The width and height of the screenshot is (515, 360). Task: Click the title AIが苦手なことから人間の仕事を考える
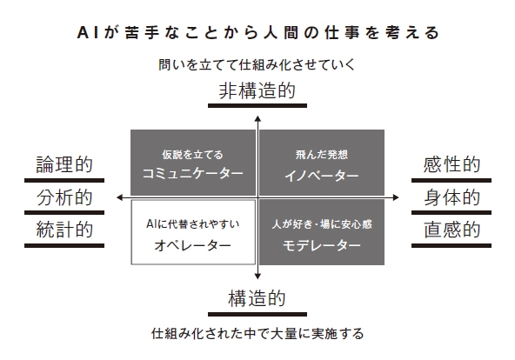[257, 32]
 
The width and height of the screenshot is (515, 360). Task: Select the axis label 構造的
[257, 299]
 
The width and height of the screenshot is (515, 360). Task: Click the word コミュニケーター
[193, 174]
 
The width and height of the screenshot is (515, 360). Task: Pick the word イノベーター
[322, 175]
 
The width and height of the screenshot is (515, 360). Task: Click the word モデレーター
[322, 245]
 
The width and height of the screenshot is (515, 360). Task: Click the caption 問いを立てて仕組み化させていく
[257, 64]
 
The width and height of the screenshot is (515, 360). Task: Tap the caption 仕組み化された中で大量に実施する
[257, 332]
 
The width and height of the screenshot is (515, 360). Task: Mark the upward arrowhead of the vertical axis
[257, 117]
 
